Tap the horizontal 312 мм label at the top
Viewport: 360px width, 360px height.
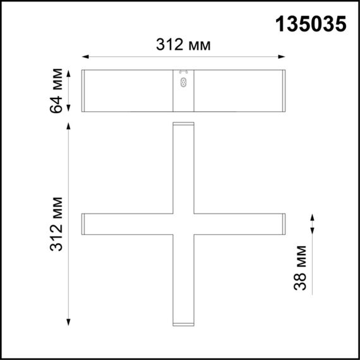point(183,45)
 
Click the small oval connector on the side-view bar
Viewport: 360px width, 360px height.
point(184,81)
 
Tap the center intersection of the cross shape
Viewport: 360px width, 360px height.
point(183,224)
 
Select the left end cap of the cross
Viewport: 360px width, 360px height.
point(83,224)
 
